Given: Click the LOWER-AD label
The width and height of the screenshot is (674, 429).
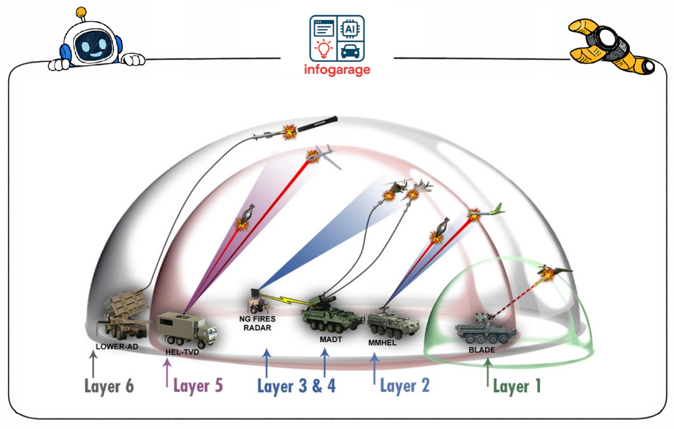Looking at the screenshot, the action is click(117, 346).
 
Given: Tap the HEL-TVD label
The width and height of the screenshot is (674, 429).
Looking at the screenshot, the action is click(182, 352).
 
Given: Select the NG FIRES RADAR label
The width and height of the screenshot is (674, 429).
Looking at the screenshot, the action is click(257, 323).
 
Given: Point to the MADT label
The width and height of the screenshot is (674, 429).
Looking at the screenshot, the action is click(331, 340).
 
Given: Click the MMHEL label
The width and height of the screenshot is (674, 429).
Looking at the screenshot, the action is click(382, 343).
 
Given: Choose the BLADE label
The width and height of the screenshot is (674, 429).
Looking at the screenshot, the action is click(481, 350).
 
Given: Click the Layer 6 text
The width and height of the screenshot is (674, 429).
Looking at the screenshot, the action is click(109, 386).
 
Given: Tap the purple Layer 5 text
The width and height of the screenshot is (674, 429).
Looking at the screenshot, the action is click(198, 386).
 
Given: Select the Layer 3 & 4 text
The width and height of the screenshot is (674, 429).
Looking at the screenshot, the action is click(296, 386).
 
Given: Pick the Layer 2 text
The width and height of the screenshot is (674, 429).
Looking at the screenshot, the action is click(404, 386).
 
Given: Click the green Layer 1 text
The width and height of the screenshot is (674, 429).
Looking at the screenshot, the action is click(517, 386).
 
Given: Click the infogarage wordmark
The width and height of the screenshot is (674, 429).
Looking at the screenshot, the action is click(337, 70).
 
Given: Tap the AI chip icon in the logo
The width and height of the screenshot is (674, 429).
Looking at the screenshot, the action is click(350, 29).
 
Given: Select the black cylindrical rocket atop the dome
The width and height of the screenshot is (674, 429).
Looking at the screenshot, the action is click(317, 124).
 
